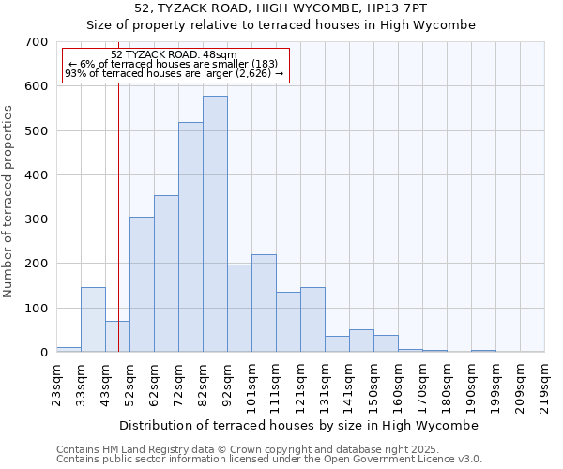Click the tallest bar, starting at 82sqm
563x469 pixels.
pyautogui.click(x=215, y=224)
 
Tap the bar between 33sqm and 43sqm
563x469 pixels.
pyautogui.click(x=93, y=320)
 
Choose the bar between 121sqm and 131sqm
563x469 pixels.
pyautogui.click(x=312, y=320)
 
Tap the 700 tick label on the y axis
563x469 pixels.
pyautogui.click(x=37, y=42)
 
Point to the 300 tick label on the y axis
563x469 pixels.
pyautogui.click(x=37, y=219)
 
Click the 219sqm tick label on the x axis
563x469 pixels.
pyautogui.click(x=544, y=384)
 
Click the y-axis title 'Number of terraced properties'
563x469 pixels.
pyautogui.click(x=8, y=202)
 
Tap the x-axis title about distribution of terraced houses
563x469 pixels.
pyautogui.click(x=299, y=425)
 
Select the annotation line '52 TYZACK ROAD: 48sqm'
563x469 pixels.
pyautogui.click(x=174, y=55)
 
